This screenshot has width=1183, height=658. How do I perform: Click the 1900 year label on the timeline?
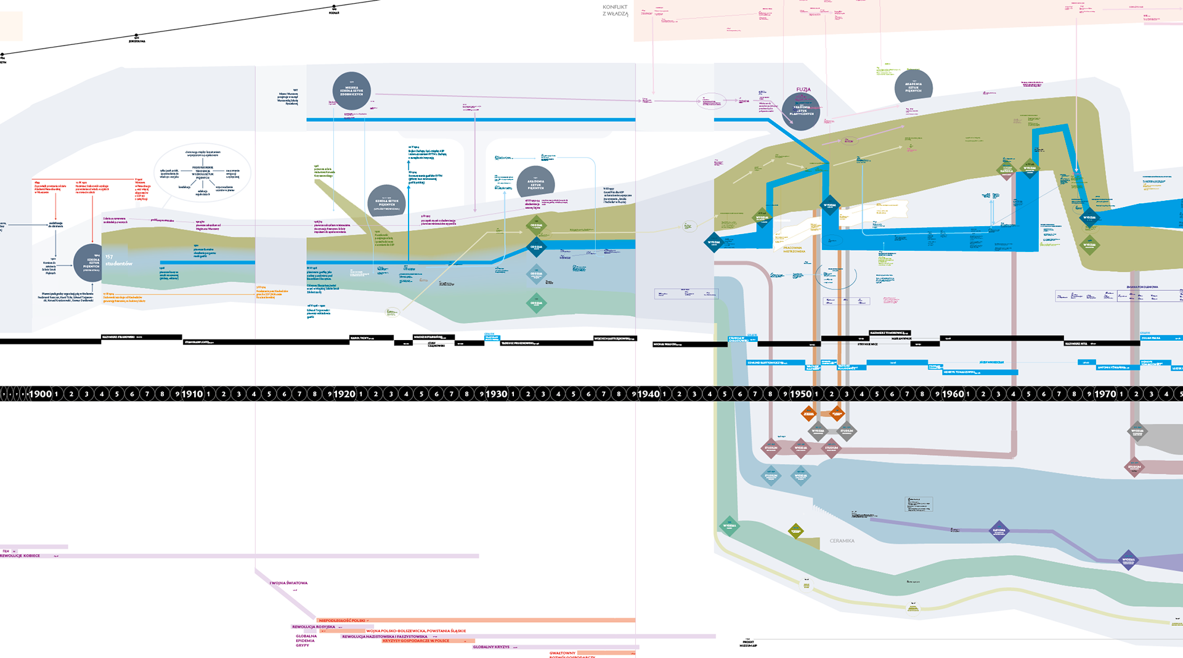(41, 394)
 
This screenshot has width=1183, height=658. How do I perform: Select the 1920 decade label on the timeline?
(344, 394)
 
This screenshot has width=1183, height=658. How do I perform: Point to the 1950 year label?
(800, 394)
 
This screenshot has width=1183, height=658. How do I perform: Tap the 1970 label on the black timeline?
(1105, 394)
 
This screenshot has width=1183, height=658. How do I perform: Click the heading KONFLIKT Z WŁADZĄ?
(615, 10)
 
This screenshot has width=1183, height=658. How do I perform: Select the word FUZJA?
(803, 90)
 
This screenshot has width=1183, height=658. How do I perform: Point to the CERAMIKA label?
(842, 541)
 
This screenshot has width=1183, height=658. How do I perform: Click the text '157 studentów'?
(118, 260)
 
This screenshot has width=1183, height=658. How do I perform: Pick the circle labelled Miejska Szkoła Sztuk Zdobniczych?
(351, 91)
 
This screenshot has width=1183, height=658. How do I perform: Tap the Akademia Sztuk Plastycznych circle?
(801, 111)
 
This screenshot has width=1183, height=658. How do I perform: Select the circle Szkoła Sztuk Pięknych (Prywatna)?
(91, 263)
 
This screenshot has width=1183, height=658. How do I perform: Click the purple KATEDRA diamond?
(999, 530)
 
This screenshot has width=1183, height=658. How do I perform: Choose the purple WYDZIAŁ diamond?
(1128, 560)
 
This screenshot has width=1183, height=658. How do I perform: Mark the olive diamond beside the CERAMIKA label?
(795, 531)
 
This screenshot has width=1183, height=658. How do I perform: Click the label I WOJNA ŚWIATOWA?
(288, 583)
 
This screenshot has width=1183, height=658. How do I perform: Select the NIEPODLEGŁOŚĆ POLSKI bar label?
(342, 620)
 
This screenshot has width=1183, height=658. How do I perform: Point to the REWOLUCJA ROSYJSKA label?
(314, 627)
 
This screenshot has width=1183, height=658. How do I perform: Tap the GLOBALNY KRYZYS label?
(491, 647)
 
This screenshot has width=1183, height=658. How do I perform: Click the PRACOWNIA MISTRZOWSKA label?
(794, 250)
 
